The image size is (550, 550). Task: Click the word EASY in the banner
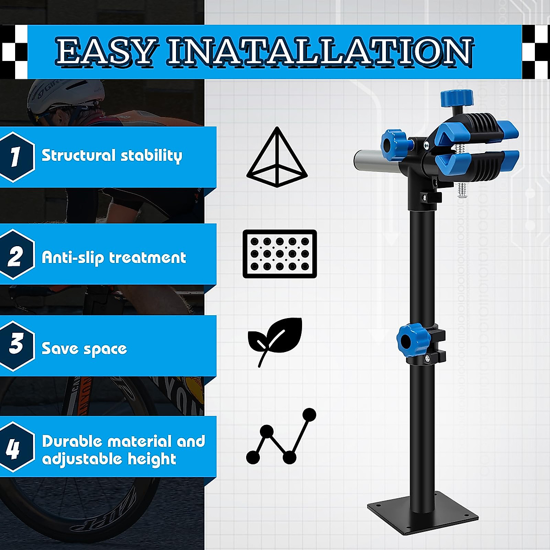[x=106, y=51]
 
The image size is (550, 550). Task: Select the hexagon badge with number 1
[x=16, y=157]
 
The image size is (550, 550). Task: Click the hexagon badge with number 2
[x=16, y=256]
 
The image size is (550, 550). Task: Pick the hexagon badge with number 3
[x=16, y=345]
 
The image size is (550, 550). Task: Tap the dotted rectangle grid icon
[x=280, y=253]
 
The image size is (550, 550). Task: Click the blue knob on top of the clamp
[x=456, y=98]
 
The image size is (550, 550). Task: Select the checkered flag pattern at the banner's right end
[x=535, y=51]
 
